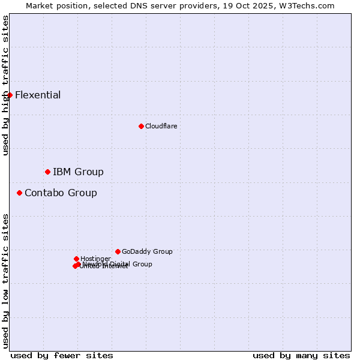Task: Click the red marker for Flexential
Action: [x=10, y=95]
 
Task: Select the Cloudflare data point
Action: [x=141, y=126]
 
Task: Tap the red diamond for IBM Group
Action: [x=47, y=172]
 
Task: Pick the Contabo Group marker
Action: [x=20, y=193]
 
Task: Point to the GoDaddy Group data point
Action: [x=118, y=251]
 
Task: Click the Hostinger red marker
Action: [x=76, y=259]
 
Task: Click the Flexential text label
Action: [x=38, y=95]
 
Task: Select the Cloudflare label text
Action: [x=161, y=126]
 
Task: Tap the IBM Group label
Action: [x=78, y=172]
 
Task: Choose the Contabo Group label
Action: [x=61, y=193]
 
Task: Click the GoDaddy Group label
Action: [x=147, y=251]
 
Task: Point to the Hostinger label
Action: [x=95, y=259]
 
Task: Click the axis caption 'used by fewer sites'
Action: [x=62, y=355]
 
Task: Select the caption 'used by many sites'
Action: [x=301, y=355]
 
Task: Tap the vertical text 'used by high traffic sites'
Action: [x=5, y=85]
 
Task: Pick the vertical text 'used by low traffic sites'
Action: [x=5, y=281]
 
